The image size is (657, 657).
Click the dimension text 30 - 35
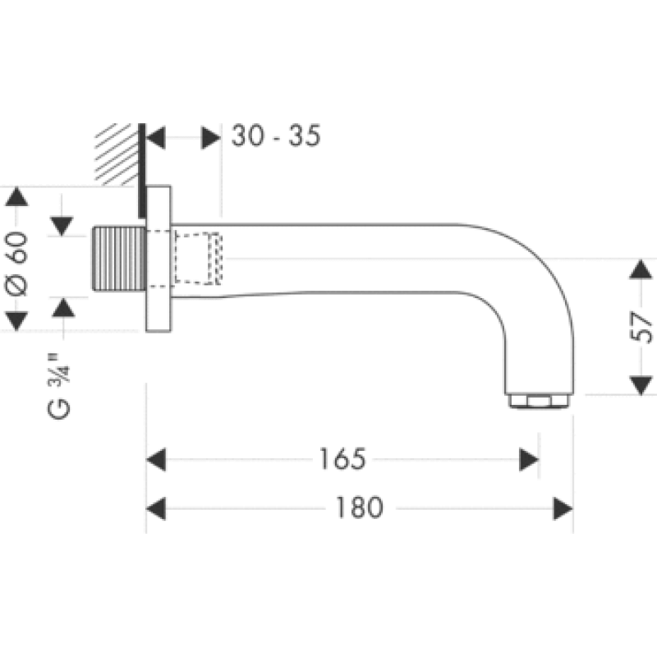[x=275, y=136]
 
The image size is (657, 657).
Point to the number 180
[x=359, y=508]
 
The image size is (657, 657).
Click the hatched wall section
[x=116, y=154]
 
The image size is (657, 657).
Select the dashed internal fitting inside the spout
[x=198, y=258]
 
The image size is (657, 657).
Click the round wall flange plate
[x=159, y=259]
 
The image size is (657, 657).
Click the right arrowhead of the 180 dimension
[x=563, y=508]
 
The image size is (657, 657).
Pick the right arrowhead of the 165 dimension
[x=529, y=459]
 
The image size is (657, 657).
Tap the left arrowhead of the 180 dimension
[x=156, y=508]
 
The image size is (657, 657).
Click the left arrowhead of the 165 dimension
[x=156, y=459]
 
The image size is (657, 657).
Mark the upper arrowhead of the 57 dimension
[x=640, y=270]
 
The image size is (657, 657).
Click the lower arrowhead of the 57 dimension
[x=640, y=384]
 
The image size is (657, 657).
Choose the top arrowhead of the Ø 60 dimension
[x=18, y=197]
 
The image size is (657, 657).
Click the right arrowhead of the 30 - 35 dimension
[x=211, y=137]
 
